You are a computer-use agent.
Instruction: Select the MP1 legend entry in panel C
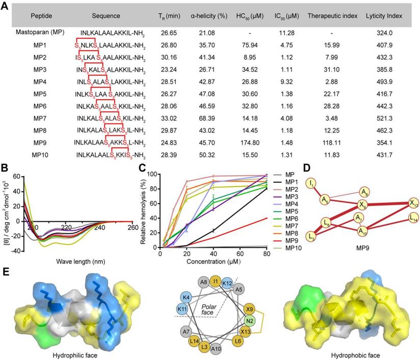(x=290, y=183)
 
